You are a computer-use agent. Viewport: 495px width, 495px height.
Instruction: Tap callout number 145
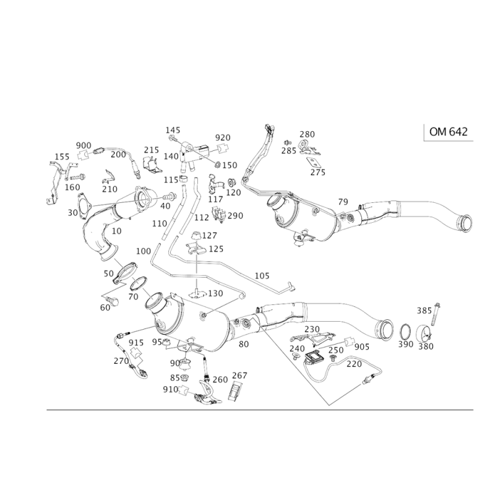[171, 129]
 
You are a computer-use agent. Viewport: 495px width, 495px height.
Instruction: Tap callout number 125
[216, 249]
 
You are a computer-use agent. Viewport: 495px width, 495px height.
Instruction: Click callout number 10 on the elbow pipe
[116, 230]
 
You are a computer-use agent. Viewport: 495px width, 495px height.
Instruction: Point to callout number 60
[105, 306]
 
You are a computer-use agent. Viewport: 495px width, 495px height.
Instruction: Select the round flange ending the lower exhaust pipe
[384, 330]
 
